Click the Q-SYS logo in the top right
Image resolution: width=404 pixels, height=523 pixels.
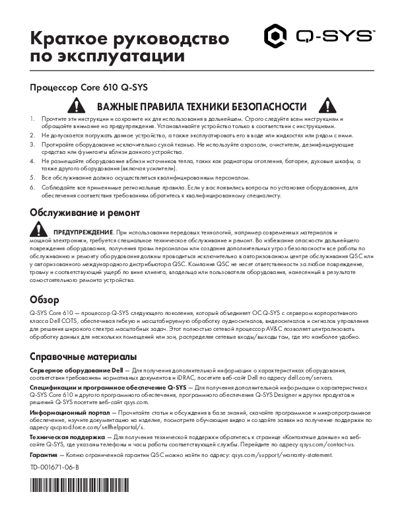click(x=320, y=36)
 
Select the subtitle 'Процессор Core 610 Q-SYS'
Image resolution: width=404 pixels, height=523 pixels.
click(x=80, y=87)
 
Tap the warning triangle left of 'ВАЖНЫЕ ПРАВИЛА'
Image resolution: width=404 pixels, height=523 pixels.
click(x=79, y=106)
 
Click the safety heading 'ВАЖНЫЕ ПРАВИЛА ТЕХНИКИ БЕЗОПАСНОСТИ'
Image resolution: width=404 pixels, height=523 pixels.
click(x=201, y=107)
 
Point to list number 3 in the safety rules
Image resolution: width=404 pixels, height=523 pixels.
click(x=32, y=144)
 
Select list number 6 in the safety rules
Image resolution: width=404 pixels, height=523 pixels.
click(x=32, y=188)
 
